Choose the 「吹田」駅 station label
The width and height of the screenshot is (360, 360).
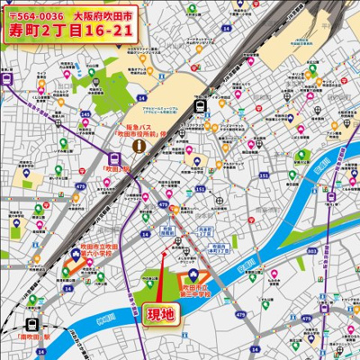pyautogui.click(x=118, y=167)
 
